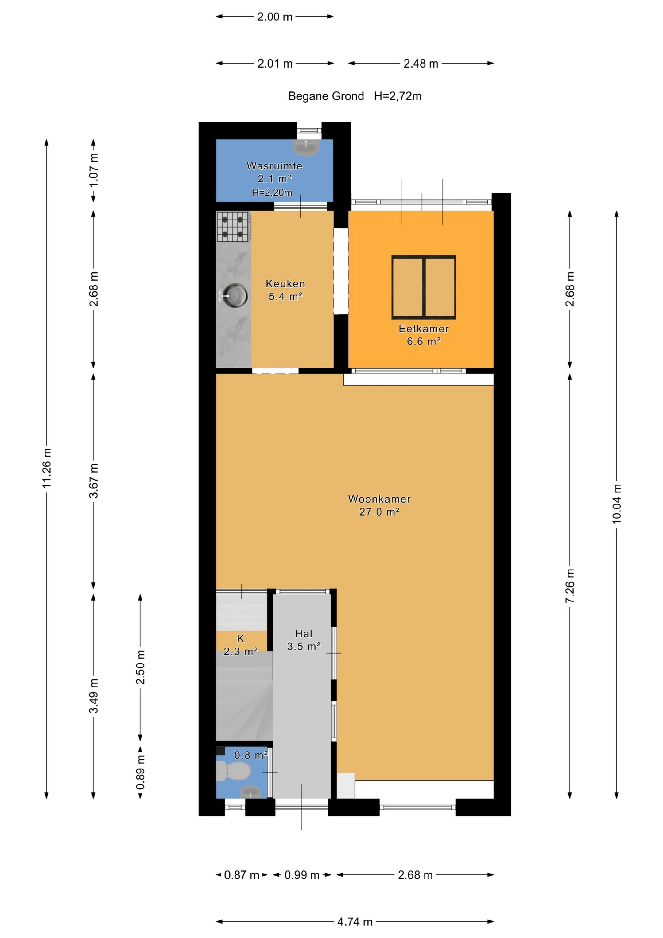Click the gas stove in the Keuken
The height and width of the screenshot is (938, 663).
[x=233, y=227]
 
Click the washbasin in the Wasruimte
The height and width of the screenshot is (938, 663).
[x=306, y=147]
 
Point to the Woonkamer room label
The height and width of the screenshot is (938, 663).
[x=379, y=499]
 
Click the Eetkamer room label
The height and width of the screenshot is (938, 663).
[x=424, y=329]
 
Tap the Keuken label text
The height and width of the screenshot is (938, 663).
[x=285, y=283]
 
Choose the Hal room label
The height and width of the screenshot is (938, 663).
[x=304, y=634]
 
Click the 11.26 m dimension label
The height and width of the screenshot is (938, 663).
[x=47, y=468]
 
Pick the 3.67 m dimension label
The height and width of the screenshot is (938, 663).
[x=94, y=481]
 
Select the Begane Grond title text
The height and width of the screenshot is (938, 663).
[x=326, y=96]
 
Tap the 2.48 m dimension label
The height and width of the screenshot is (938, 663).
[x=421, y=63]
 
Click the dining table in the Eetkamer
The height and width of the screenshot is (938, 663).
[x=424, y=287]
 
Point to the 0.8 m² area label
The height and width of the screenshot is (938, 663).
[x=251, y=755]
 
